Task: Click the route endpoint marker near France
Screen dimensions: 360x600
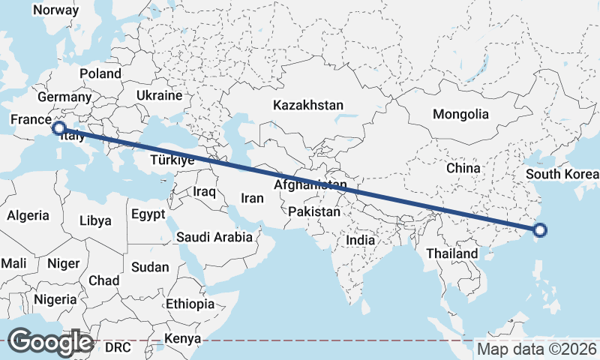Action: (58, 129)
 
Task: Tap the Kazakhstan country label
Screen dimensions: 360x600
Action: (308, 105)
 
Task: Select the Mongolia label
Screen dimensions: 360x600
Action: (460, 115)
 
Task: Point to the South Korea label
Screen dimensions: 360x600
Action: (562, 175)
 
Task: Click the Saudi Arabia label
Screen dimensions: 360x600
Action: (214, 237)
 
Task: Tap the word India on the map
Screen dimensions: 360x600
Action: (360, 241)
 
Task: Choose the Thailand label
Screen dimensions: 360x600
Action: (452, 253)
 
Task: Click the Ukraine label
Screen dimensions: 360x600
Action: (159, 96)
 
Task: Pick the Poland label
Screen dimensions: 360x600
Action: (100, 73)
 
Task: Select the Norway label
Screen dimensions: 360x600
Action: (55, 10)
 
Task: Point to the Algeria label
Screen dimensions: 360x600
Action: (28, 215)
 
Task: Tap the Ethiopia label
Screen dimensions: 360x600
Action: (190, 304)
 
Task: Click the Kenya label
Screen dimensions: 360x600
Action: (184, 339)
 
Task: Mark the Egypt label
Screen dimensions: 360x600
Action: (148, 214)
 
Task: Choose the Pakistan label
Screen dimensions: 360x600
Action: (314, 212)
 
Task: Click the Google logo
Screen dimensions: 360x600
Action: (50, 341)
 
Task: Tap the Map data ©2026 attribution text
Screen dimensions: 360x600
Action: (537, 349)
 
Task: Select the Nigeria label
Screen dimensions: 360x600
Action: (55, 299)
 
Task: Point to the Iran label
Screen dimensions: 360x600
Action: (252, 199)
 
